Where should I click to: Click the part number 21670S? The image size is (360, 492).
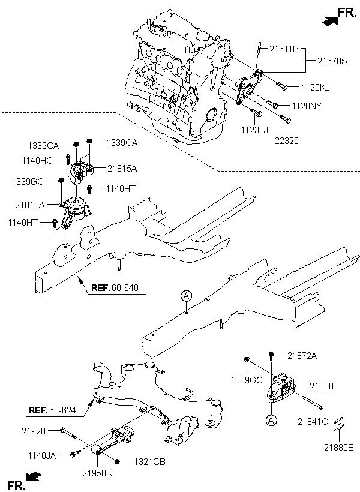(332, 61)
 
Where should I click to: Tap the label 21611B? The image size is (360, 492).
(284, 49)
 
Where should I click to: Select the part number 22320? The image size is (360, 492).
(287, 141)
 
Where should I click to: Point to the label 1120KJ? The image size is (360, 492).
(316, 88)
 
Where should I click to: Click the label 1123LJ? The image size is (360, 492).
(254, 130)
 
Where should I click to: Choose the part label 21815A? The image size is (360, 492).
(122, 169)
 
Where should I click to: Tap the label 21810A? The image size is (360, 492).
(30, 205)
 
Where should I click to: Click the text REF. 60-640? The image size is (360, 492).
(115, 288)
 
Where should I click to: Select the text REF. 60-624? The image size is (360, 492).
(52, 410)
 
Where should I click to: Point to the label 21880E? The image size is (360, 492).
(339, 448)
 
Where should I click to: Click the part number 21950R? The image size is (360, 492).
(97, 473)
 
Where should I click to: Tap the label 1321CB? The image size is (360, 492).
(150, 462)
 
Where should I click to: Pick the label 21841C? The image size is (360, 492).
(313, 422)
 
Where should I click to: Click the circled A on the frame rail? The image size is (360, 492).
(187, 296)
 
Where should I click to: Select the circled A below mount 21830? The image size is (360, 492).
(271, 421)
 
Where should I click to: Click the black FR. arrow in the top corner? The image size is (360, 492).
(330, 21)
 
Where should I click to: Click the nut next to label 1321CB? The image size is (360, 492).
(118, 461)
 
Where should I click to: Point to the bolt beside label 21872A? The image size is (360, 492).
(271, 356)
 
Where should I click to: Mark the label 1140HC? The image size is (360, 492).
(37, 161)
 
